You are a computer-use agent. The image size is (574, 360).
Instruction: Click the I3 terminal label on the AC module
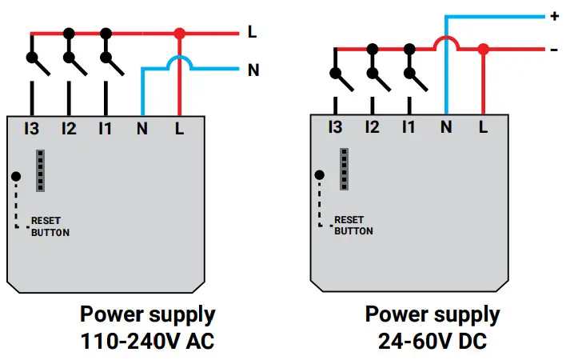point(31,128)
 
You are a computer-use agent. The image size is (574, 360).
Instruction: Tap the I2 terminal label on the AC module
point(69,128)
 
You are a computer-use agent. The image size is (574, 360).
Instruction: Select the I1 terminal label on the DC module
point(409,126)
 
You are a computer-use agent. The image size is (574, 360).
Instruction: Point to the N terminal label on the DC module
point(446,126)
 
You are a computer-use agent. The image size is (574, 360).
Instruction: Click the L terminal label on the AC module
point(178,128)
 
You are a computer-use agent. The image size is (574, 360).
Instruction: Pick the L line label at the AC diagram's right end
point(252,33)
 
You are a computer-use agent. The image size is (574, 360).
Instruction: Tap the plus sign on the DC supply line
point(555,16)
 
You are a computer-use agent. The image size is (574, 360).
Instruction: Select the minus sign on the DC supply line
point(555,50)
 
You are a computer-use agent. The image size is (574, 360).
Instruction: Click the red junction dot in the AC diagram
point(179,34)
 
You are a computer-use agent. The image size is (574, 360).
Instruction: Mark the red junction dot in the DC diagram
point(483,50)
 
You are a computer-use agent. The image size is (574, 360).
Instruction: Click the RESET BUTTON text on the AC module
point(50,226)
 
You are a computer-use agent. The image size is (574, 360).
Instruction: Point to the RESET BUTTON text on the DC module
point(353,225)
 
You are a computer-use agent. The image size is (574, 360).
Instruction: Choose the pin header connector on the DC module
point(345,169)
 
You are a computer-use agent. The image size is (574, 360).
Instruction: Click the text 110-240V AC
point(147,342)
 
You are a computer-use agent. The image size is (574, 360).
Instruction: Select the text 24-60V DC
point(432,342)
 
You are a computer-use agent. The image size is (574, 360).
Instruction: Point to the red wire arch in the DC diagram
point(445,40)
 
